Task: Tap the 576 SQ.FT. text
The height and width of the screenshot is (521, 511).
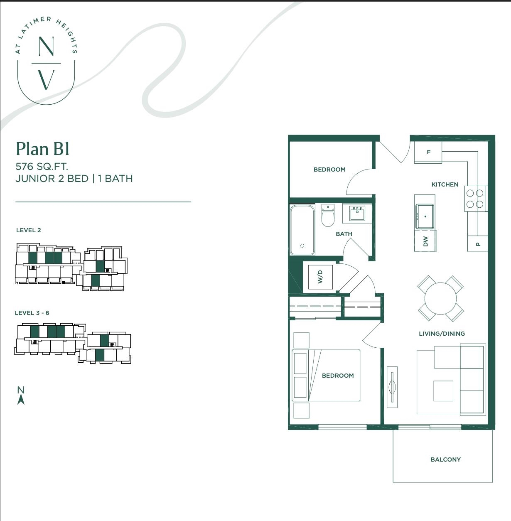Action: (42, 166)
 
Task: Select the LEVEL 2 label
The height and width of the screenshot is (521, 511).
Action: (28, 230)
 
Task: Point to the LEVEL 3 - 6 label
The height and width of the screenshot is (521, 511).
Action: (32, 313)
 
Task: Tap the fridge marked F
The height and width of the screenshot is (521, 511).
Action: (428, 152)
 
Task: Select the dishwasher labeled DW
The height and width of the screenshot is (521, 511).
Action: (425, 241)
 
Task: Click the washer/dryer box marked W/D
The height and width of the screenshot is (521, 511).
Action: (320, 277)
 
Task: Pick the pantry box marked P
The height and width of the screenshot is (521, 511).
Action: (478, 243)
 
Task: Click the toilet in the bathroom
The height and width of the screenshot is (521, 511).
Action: (328, 216)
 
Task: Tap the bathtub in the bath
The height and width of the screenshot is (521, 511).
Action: (302, 230)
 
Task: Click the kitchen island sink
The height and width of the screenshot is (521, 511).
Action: (425, 216)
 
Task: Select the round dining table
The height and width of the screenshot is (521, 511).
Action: (440, 298)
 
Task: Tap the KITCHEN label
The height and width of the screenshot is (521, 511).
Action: (445, 184)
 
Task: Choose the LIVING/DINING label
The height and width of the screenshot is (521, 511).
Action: (442, 334)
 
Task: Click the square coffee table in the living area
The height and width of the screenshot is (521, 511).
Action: (443, 391)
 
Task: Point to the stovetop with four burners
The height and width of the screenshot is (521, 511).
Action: (475, 199)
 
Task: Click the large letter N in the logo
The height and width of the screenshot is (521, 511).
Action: (46, 46)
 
